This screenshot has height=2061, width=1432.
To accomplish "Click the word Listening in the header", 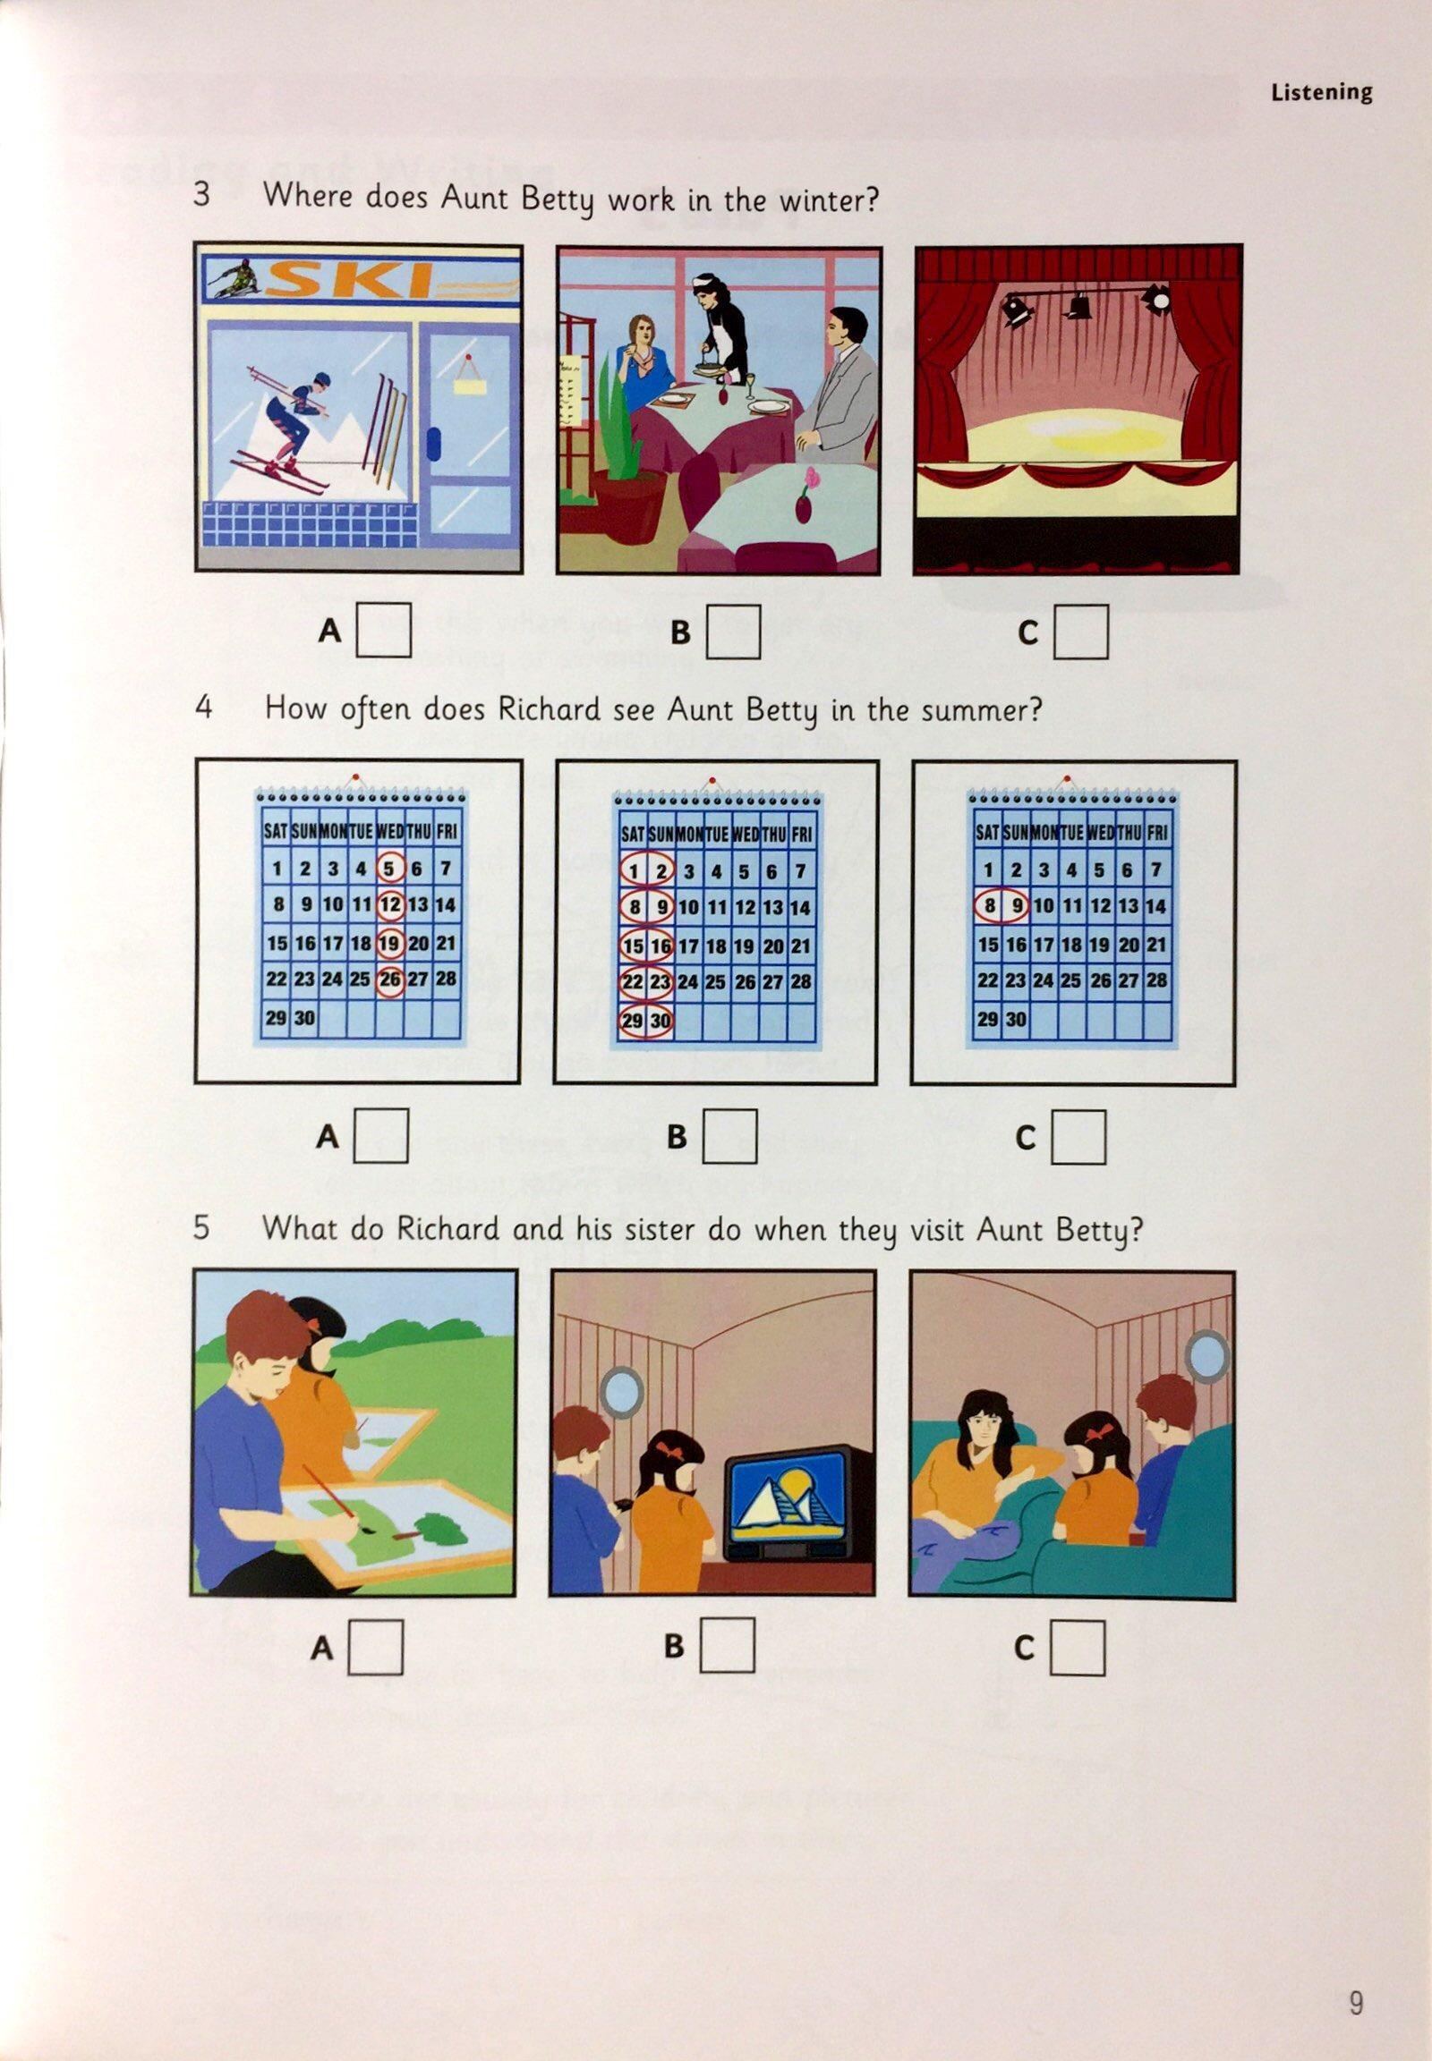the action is (1321, 93).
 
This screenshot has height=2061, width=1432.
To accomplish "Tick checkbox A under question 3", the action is (384, 632).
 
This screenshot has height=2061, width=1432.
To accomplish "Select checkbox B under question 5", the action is (728, 1645).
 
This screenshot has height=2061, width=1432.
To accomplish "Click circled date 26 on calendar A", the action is (389, 980).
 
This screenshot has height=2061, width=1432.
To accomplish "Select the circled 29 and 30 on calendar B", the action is (646, 1021).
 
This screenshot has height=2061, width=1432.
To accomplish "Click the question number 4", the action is (204, 707).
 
